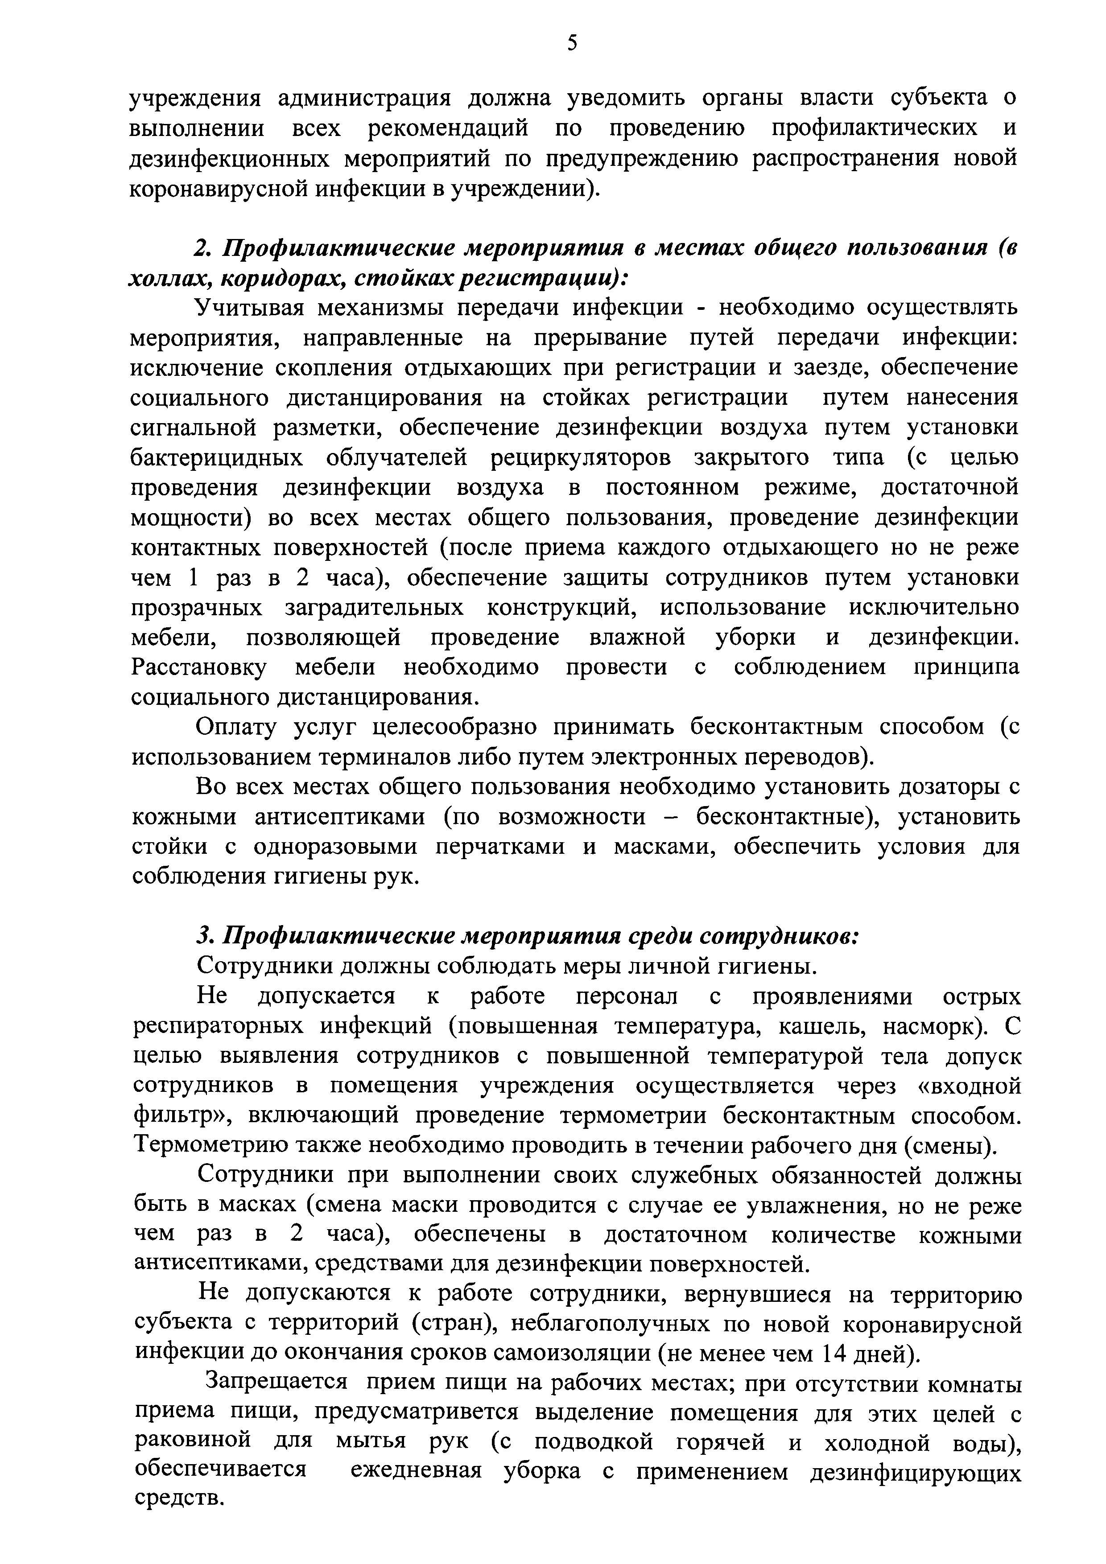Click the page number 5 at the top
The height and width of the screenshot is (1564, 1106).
tap(572, 43)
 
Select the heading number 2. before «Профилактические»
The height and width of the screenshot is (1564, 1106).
tap(202, 249)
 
